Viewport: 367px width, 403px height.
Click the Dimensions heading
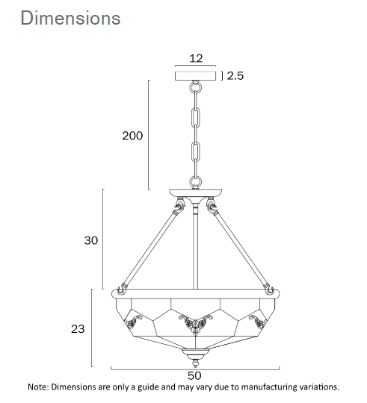pyautogui.click(x=70, y=18)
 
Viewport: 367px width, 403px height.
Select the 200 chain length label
pyautogui.click(x=132, y=136)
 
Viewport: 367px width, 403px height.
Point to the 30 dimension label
pyautogui.click(x=90, y=240)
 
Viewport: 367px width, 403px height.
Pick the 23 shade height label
pyautogui.click(x=77, y=328)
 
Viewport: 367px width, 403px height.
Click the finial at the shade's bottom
pyautogui.click(x=194, y=353)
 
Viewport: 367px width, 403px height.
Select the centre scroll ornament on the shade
pyautogui.click(x=194, y=322)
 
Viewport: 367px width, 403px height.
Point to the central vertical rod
pyautogui.click(x=195, y=246)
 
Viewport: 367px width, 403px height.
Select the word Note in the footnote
pyautogui.click(x=39, y=387)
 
